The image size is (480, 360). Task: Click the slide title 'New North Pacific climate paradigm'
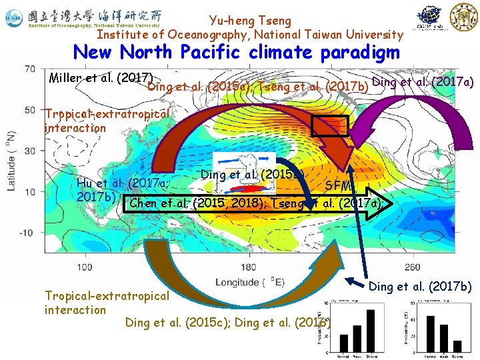236,52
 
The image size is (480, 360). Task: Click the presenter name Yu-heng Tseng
250,21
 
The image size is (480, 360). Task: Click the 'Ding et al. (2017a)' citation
423,81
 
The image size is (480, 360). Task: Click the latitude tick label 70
30,69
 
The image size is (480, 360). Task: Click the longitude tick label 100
85,267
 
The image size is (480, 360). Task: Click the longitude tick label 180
248,267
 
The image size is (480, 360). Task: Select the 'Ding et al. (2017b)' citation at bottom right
419,287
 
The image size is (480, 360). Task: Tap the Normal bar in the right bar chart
431,334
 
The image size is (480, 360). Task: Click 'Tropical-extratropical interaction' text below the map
107,302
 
